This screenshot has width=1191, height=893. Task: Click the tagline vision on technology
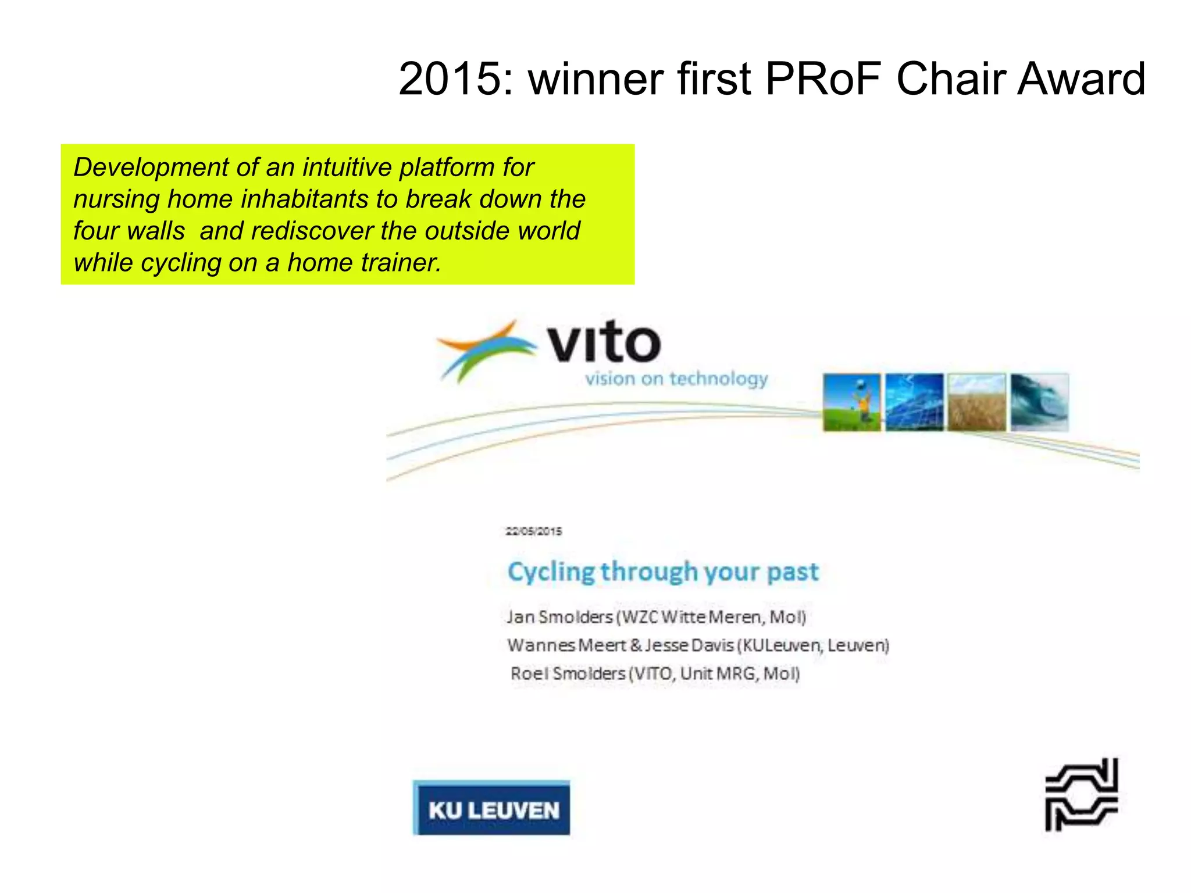coord(676,379)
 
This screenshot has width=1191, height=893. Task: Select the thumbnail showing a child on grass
coord(852,402)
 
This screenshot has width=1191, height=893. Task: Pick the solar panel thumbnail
coord(914,402)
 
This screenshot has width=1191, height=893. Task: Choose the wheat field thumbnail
coord(976,402)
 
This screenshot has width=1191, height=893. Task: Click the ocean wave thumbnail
coord(1039,402)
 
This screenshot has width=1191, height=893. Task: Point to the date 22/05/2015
coord(533,531)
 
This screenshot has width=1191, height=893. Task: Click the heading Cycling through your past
coord(663,572)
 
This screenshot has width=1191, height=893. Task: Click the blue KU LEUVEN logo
coord(491,809)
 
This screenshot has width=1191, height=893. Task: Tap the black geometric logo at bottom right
coord(1081,795)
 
